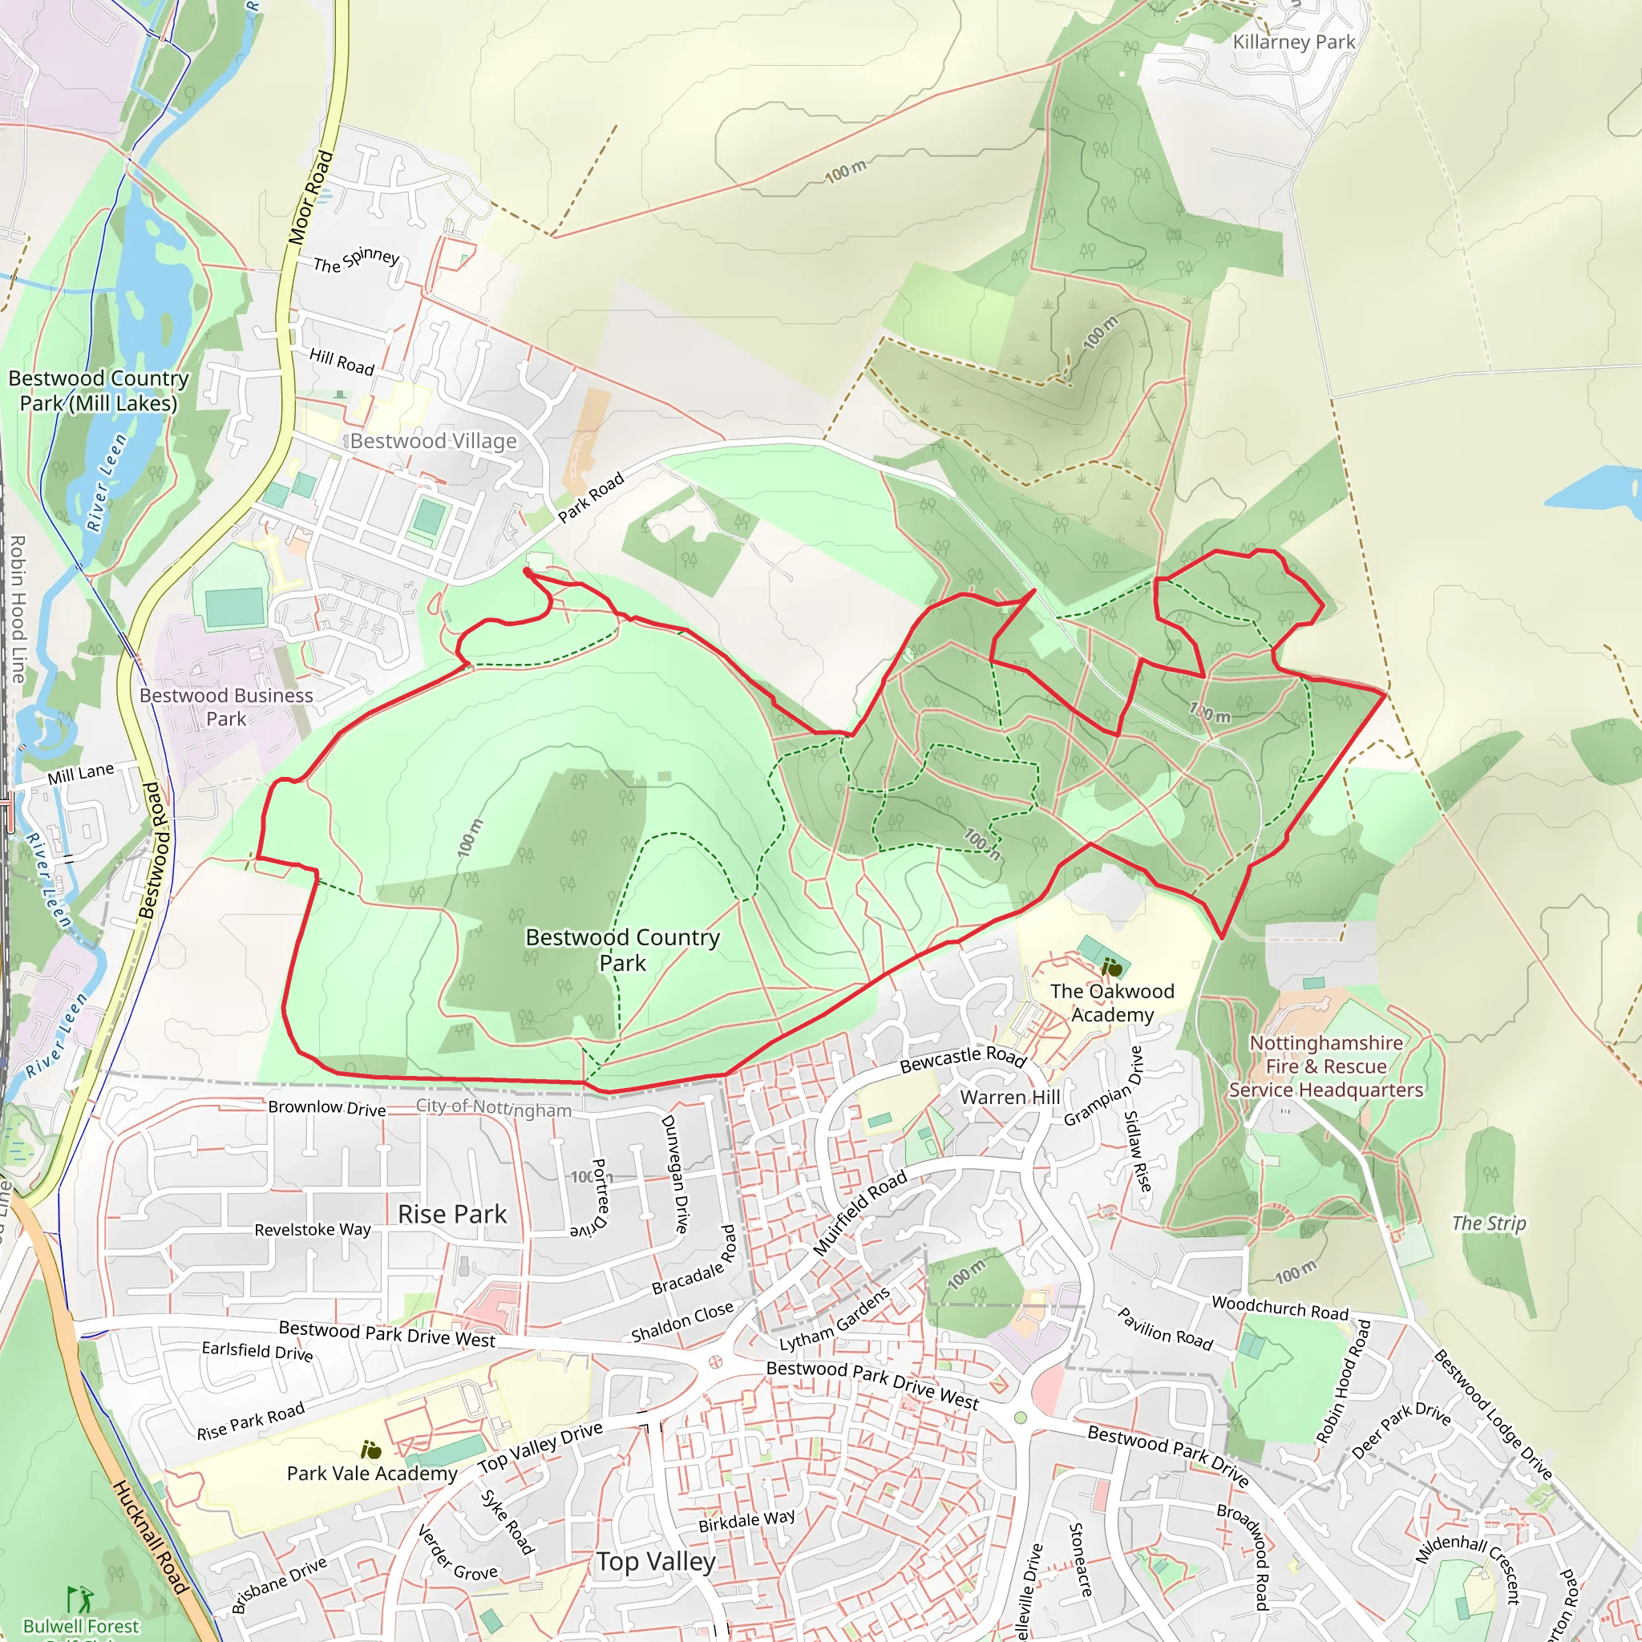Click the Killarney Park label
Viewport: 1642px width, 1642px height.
tap(1292, 42)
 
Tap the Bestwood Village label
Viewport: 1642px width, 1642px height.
tap(434, 440)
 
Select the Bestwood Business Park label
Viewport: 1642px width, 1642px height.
tap(226, 706)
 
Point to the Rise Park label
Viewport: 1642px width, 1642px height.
tap(452, 1214)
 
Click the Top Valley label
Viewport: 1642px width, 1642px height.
tap(656, 1561)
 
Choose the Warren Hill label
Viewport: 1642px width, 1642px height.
tap(1009, 1098)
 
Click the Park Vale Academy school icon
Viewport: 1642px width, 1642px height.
tap(370, 1450)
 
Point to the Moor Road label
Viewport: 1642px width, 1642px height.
tap(310, 197)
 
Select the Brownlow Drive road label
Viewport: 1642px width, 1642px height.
tap(326, 1108)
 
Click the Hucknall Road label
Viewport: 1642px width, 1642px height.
tap(150, 1538)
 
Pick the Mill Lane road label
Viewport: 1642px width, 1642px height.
tap(81, 774)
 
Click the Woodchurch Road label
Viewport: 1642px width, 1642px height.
tap(1279, 1308)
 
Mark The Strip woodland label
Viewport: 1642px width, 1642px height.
tap(1488, 1223)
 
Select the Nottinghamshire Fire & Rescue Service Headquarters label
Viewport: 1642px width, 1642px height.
tap(1325, 1066)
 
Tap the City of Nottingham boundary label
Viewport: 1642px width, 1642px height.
tap(493, 1107)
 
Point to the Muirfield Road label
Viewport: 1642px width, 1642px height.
tap(860, 1213)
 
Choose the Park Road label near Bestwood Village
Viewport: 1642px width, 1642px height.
tap(591, 497)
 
